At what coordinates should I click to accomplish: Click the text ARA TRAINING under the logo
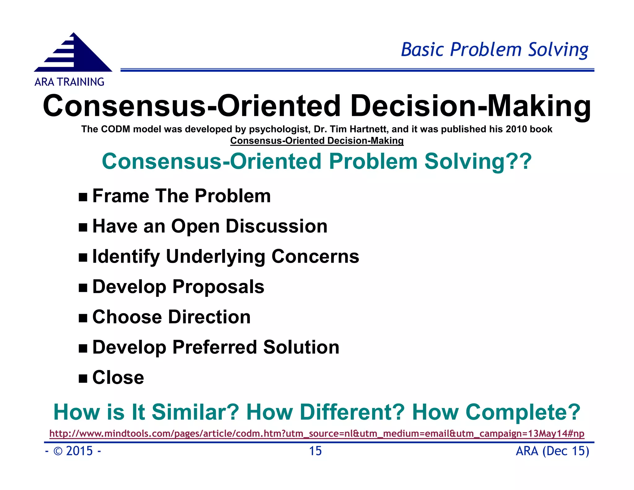69,82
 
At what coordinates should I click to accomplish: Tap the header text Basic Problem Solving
494,50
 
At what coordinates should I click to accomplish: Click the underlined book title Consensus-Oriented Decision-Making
317,141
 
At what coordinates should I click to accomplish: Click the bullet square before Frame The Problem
83,197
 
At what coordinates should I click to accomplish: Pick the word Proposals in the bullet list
218,287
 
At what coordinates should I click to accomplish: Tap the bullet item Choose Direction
171,317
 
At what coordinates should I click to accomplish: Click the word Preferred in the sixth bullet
215,347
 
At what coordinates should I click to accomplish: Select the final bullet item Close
118,377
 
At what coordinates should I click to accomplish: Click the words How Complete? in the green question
496,412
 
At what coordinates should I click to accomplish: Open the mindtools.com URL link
317,433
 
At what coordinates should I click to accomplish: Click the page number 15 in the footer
315,451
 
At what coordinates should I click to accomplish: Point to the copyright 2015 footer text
73,451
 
